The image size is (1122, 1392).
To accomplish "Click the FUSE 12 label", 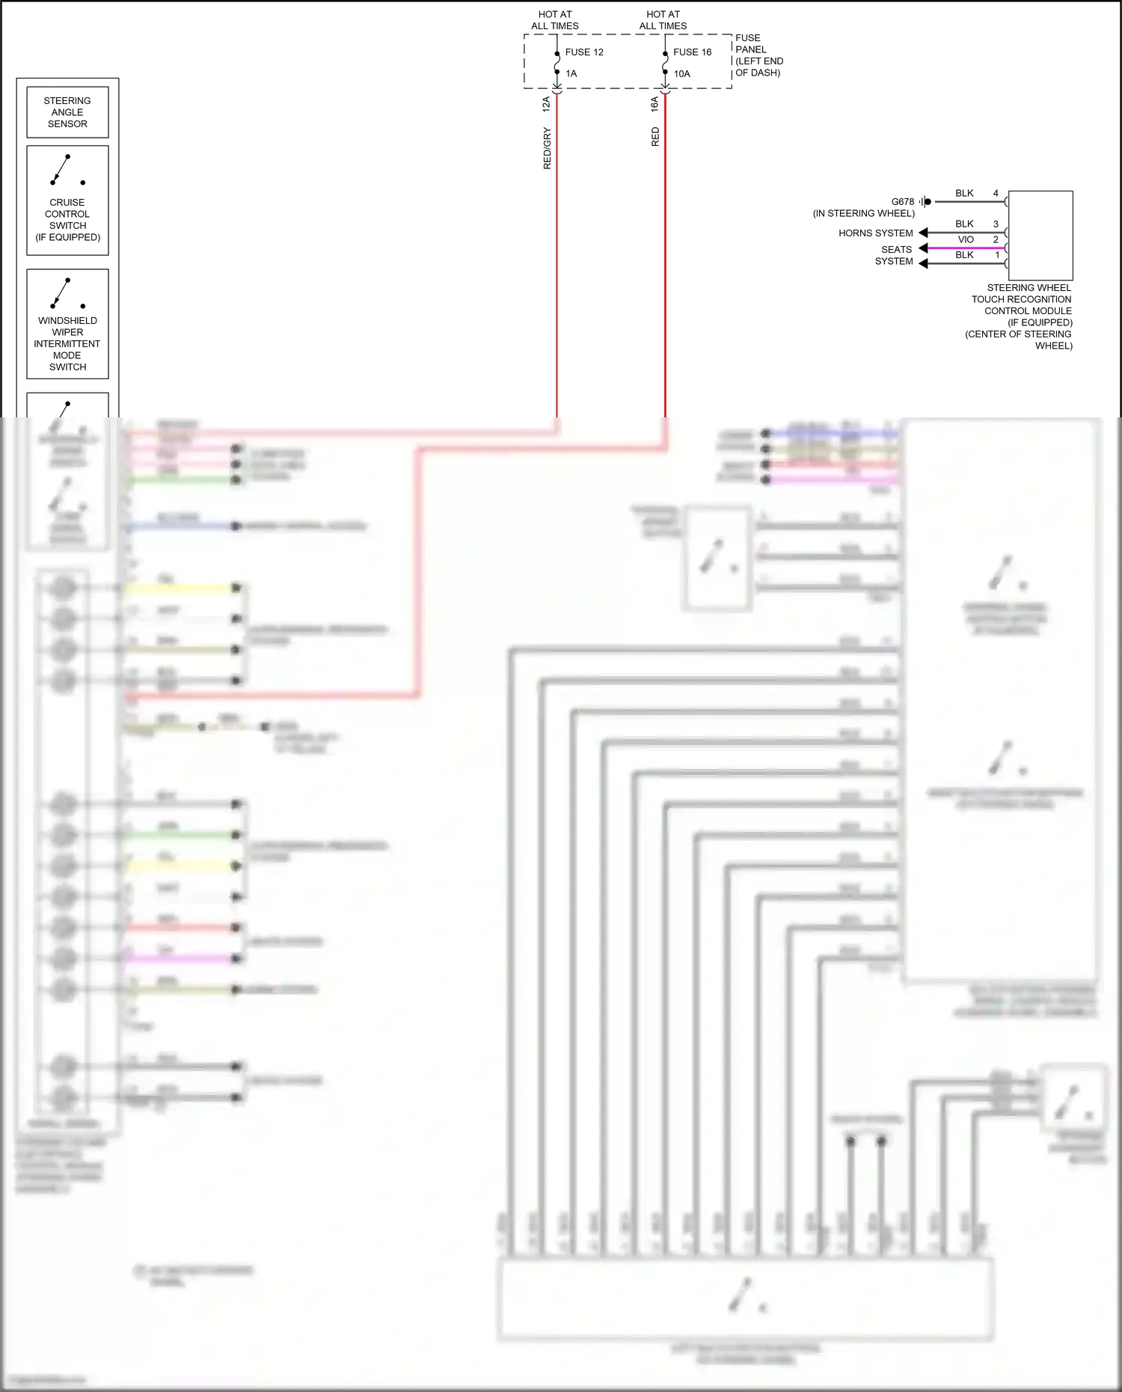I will (x=584, y=52).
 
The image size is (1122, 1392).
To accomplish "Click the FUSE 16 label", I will (x=692, y=52).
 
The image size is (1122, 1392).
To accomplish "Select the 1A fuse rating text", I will (x=571, y=73).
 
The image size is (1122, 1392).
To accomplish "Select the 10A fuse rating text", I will (x=681, y=73).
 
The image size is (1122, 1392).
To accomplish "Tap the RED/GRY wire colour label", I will (x=547, y=148).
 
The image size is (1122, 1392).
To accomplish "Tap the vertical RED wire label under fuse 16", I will (x=655, y=137).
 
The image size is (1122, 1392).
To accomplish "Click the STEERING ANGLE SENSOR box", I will (x=67, y=112).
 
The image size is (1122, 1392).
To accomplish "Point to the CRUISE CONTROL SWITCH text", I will (x=67, y=219).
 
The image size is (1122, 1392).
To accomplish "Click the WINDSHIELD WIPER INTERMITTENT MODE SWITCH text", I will (x=67, y=343).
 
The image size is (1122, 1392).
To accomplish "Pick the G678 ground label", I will (x=902, y=202).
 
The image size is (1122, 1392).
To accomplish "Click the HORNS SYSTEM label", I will (x=875, y=233).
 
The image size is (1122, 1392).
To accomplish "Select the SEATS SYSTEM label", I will (x=895, y=255).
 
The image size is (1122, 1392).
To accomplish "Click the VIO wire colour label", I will (x=966, y=239).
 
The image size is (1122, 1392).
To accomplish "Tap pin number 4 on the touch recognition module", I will (x=996, y=193).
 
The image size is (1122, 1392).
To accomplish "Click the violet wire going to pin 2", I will (x=965, y=248).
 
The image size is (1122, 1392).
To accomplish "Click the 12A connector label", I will (x=547, y=103).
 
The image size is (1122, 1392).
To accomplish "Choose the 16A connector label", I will (x=655, y=103).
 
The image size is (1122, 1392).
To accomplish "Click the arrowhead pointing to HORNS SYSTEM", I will (x=923, y=233).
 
